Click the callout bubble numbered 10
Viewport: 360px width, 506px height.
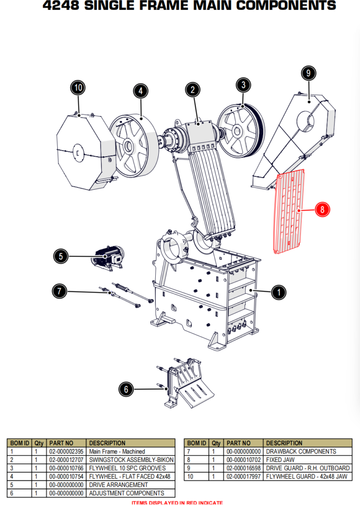pyautogui.click(x=78, y=88)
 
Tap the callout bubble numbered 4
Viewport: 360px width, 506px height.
pyautogui.click(x=140, y=91)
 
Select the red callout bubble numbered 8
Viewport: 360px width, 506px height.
pyautogui.click(x=322, y=210)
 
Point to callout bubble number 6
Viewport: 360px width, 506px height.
pyautogui.click(x=126, y=389)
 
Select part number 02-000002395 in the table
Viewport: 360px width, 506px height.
pyautogui.click(x=66, y=451)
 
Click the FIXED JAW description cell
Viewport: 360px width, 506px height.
pyautogui.click(x=280, y=460)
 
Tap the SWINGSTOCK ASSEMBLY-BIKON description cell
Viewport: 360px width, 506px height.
pyautogui.click(x=131, y=460)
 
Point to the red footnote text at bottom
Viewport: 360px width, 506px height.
pyautogui.click(x=177, y=503)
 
